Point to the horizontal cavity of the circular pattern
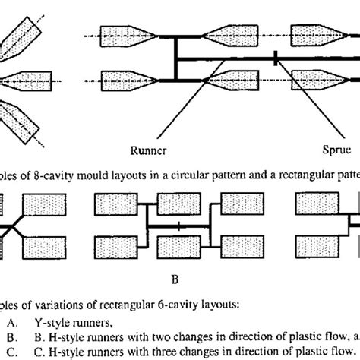pos(24,79)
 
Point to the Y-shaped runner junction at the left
pos(13,226)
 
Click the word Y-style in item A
pos(87,321)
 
